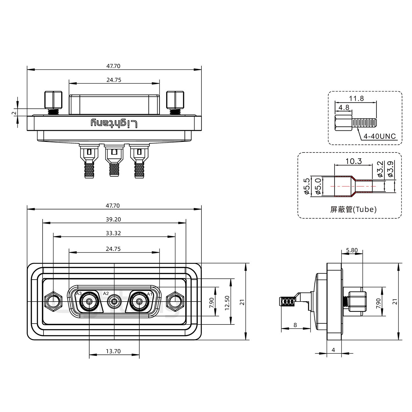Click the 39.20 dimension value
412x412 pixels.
pyautogui.click(x=114, y=219)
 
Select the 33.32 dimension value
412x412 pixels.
pyautogui.click(x=114, y=233)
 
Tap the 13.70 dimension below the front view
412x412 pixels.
pyautogui.click(x=114, y=351)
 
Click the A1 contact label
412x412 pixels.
pyautogui.click(x=149, y=294)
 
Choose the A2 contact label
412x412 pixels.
pyautogui.click(x=106, y=293)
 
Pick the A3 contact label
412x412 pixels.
pyautogui.click(x=79, y=294)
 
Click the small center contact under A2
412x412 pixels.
pyautogui.click(x=114, y=302)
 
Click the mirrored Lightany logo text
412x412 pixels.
pyautogui.click(x=114, y=123)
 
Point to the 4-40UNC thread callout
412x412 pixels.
pyautogui.click(x=379, y=136)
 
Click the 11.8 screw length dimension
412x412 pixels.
pyautogui.click(x=356, y=98)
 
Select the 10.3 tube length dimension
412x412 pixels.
pyautogui.click(x=354, y=161)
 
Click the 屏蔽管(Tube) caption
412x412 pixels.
pyautogui.click(x=353, y=209)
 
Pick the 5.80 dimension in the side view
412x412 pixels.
pyautogui.click(x=352, y=250)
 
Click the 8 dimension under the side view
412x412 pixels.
pyautogui.click(x=295, y=325)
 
